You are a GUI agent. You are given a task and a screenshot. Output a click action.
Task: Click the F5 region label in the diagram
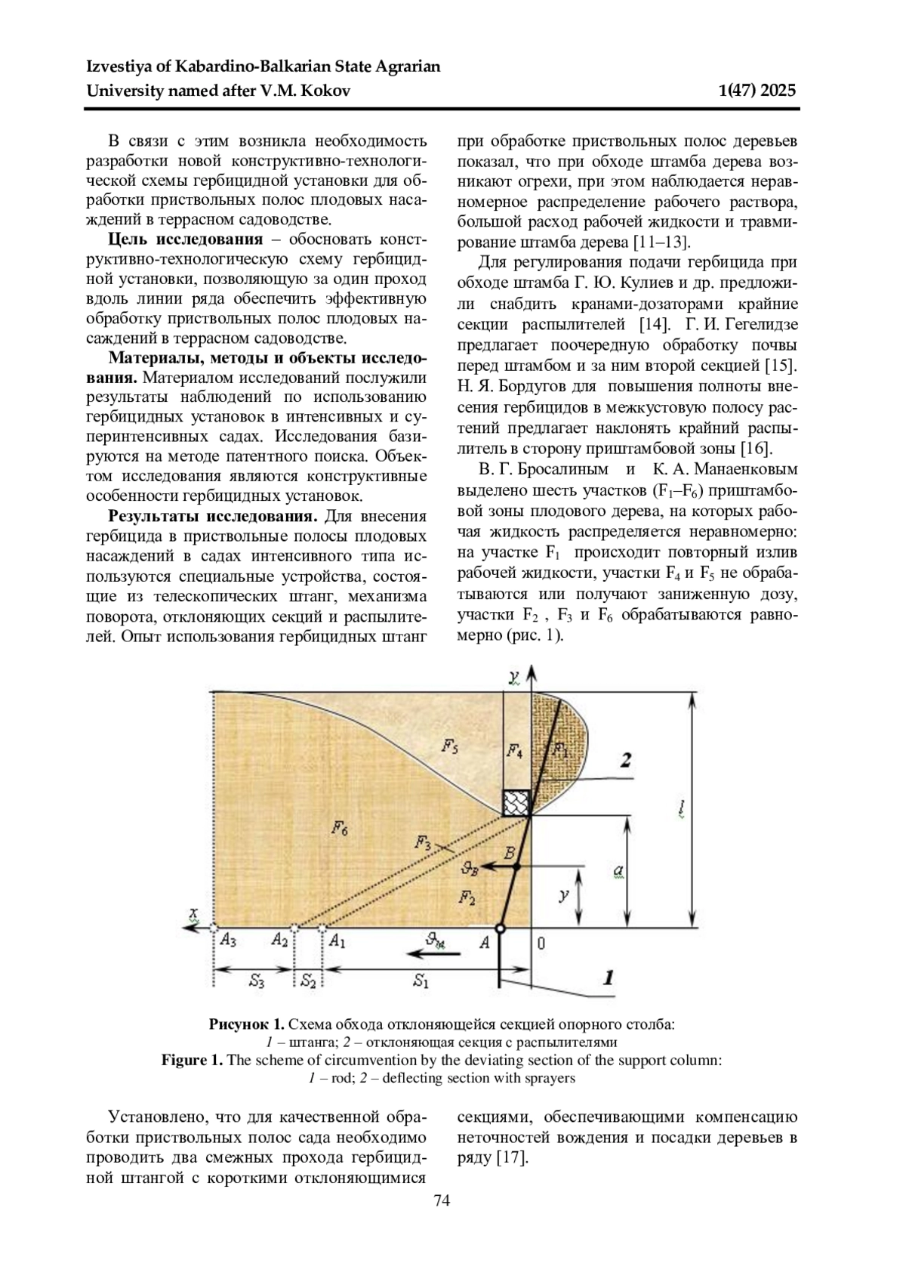(x=449, y=748)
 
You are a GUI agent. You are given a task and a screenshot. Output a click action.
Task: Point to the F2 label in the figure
(x=467, y=897)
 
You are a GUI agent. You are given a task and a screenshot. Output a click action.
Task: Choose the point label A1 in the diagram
(x=337, y=941)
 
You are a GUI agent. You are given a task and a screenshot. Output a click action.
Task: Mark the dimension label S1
(x=421, y=981)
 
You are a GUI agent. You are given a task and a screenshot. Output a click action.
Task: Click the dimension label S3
(x=257, y=981)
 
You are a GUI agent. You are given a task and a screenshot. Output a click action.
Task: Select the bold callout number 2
(x=625, y=761)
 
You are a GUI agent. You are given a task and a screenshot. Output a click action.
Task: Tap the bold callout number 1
(x=606, y=979)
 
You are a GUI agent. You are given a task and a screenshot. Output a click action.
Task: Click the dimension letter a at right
(x=618, y=871)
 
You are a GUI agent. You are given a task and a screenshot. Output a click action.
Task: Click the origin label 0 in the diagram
(x=541, y=942)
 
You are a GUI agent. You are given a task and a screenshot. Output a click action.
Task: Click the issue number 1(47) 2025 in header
(x=758, y=91)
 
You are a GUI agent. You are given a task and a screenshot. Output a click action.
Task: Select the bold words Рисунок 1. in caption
(x=247, y=1025)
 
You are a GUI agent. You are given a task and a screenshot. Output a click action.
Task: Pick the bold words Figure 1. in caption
(x=192, y=1060)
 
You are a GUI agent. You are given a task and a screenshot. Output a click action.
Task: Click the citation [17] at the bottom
(x=511, y=1157)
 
